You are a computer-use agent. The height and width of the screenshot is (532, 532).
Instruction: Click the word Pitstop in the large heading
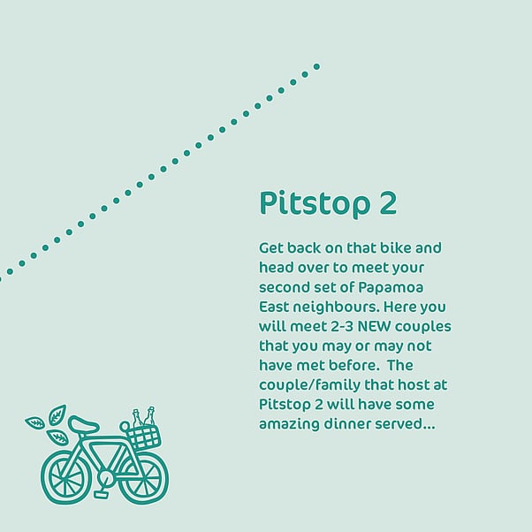[315, 203]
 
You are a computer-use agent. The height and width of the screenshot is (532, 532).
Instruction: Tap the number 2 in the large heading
[388, 203]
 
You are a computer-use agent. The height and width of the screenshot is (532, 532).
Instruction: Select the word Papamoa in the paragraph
[391, 288]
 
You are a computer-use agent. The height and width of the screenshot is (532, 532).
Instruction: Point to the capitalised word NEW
[374, 326]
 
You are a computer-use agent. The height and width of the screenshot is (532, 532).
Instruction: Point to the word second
[284, 288]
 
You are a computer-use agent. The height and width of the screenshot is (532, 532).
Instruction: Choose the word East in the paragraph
[273, 308]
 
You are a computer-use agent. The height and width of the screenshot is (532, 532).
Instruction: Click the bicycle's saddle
[83, 424]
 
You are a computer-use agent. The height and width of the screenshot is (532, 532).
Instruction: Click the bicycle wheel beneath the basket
[145, 478]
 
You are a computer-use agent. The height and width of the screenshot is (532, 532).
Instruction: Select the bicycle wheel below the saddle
[66, 478]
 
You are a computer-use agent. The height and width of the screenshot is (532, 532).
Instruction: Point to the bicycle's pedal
[101, 494]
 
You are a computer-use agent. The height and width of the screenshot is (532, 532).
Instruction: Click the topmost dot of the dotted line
[316, 66]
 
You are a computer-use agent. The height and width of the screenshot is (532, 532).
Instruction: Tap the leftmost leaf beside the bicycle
[35, 422]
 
